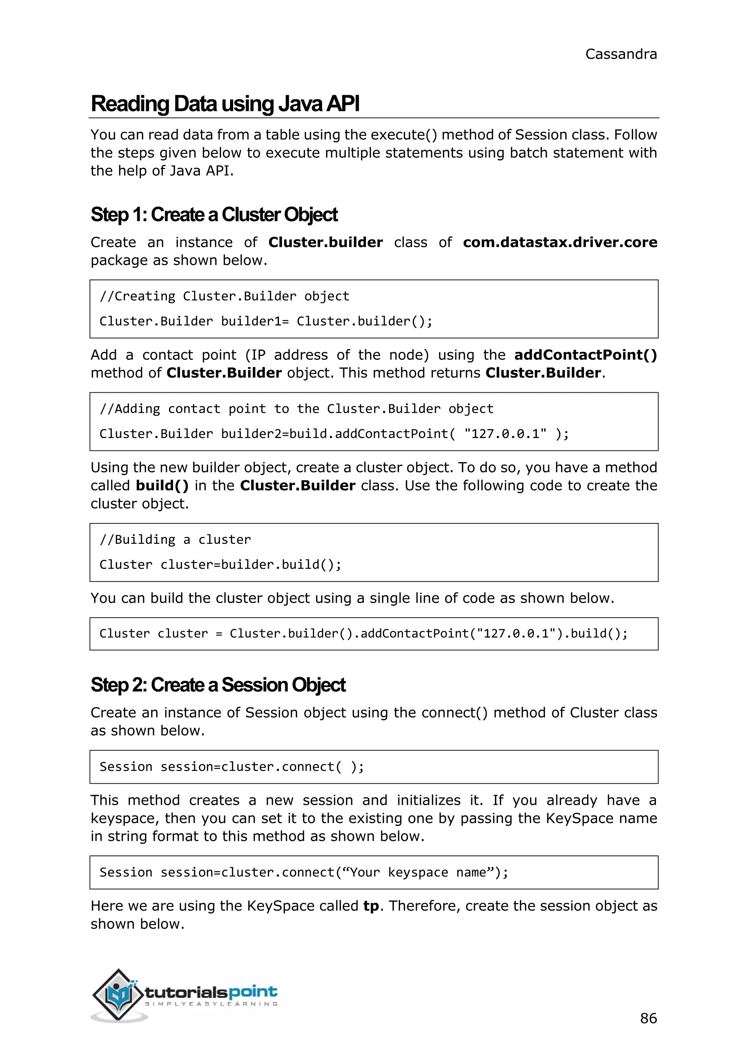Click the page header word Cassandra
(621, 54)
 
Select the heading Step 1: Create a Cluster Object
(214, 215)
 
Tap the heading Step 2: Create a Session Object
(218, 685)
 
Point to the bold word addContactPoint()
(585, 355)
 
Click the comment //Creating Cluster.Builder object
(224, 296)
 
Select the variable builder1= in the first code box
(255, 321)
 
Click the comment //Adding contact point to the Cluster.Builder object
(296, 409)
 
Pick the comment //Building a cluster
(175, 539)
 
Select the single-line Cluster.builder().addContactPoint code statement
(363, 634)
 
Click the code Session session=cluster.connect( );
(232, 766)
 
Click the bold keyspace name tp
(371, 906)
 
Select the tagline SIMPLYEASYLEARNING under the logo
(211, 1004)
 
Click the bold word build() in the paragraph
(162, 486)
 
